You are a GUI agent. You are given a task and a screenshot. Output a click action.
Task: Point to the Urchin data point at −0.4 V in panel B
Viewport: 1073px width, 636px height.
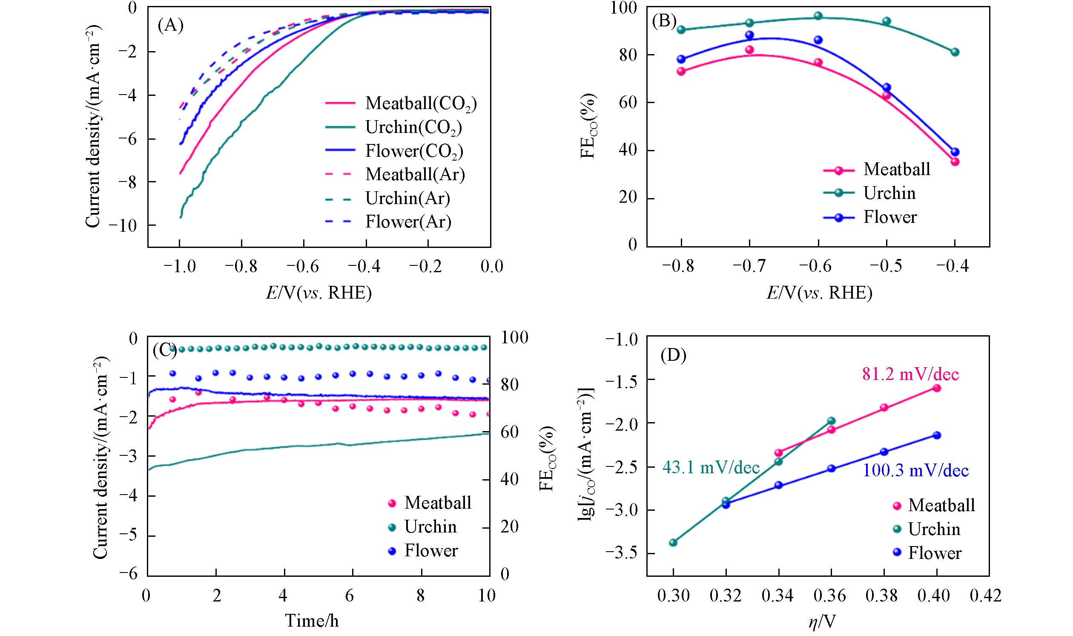pyautogui.click(x=955, y=52)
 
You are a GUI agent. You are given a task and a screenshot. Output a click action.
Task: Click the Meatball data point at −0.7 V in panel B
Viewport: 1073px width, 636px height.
pyautogui.click(x=749, y=50)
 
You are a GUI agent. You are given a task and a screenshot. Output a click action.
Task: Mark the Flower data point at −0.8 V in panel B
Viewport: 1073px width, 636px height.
pyautogui.click(x=681, y=59)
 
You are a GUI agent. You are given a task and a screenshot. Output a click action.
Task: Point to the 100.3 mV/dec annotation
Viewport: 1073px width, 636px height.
pyautogui.click(x=915, y=471)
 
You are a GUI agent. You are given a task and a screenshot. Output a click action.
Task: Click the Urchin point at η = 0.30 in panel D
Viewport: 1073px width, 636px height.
pyautogui.click(x=673, y=543)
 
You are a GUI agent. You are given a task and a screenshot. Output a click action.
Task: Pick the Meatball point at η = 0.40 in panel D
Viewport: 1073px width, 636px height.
pyautogui.click(x=937, y=388)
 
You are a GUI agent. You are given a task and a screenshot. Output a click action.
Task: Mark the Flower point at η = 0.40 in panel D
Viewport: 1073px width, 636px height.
pyautogui.click(x=937, y=435)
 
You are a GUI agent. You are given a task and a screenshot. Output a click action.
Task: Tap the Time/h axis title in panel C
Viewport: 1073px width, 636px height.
pyautogui.click(x=312, y=620)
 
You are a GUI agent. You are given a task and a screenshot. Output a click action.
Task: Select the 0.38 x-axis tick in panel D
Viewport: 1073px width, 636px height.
pyautogui.click(x=884, y=596)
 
